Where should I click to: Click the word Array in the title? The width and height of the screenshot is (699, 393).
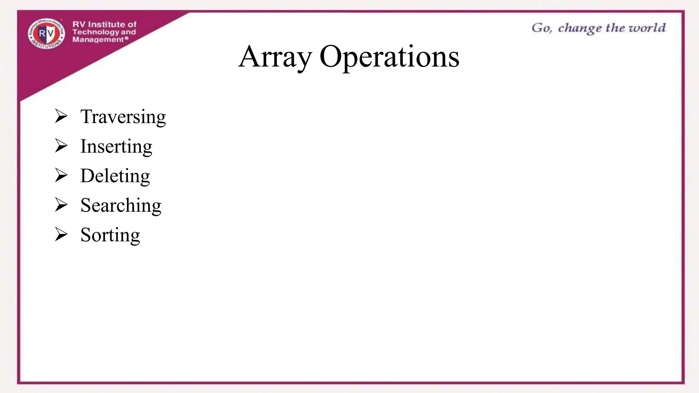[275, 57]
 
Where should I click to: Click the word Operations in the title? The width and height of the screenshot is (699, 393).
[389, 57]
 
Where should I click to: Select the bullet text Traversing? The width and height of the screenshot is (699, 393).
[123, 117]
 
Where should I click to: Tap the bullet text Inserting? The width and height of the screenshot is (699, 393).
[116, 146]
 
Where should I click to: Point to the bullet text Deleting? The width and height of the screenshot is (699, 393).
[115, 176]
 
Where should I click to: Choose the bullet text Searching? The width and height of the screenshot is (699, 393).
[121, 205]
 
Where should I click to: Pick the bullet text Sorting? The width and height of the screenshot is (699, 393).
[110, 235]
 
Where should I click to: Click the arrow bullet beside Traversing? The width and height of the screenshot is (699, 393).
[61, 116]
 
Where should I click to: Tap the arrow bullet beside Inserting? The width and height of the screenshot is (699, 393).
[61, 146]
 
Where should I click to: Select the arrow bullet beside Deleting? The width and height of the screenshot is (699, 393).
[61, 175]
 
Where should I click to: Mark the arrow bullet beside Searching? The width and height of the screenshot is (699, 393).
[61, 205]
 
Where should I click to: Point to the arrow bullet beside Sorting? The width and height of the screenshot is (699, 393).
[61, 235]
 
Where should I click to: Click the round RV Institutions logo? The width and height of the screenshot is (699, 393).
[46, 33]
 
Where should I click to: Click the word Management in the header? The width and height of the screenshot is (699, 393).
[98, 40]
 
